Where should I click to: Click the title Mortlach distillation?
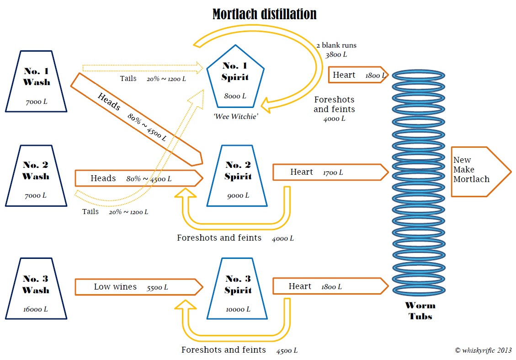[264, 14]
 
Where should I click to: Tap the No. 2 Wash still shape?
[36, 176]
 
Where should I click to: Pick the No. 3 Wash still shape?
[36, 288]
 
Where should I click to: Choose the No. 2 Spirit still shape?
[237, 176]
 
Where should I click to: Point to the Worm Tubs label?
[420, 311]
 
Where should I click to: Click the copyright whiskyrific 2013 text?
[483, 350]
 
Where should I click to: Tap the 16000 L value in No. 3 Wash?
[36, 309]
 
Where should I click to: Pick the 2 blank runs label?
[336, 45]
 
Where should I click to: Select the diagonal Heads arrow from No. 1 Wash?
[137, 119]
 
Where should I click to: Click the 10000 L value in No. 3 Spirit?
[238, 309]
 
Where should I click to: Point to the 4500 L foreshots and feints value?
[287, 351]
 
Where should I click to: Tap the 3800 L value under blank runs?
[336, 54]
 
